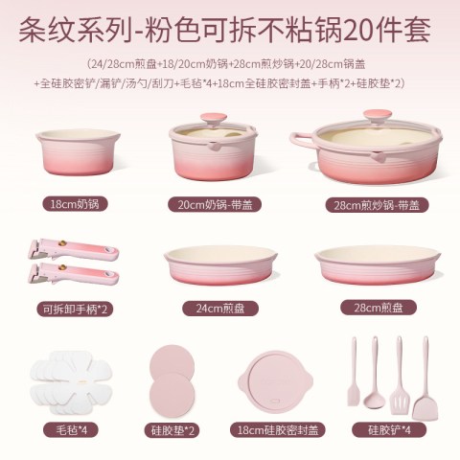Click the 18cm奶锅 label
(x=75, y=204)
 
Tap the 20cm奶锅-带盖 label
(x=215, y=204)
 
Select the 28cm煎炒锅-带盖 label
(x=377, y=205)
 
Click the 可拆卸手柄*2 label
(x=75, y=309)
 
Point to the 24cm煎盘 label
(x=220, y=309)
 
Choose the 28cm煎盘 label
(x=379, y=308)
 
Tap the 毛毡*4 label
(x=72, y=429)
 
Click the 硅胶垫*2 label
(x=172, y=430)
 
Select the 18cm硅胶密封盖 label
(x=278, y=430)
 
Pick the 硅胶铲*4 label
(x=389, y=429)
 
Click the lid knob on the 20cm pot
(x=214, y=120)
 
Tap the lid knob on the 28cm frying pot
(x=378, y=117)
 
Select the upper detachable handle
(x=74, y=250)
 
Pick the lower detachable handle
(x=74, y=274)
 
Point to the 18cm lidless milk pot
(x=78, y=152)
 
